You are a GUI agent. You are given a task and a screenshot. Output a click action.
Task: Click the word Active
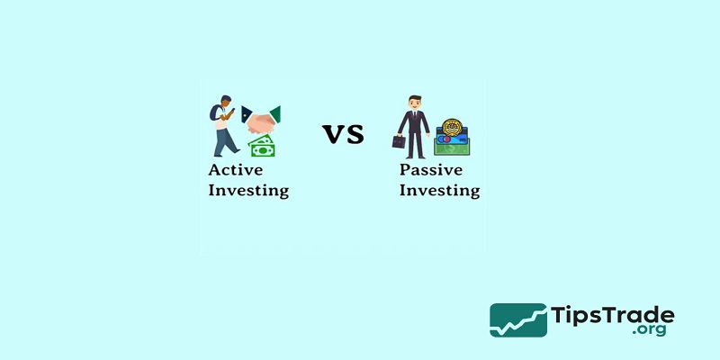[x=238, y=170]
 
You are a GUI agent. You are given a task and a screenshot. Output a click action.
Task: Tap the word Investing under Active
[x=248, y=191]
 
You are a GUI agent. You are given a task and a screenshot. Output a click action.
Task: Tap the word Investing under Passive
[x=439, y=191]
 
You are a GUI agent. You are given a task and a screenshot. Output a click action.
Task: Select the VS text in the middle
[x=343, y=135]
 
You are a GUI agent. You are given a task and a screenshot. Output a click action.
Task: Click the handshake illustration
[x=261, y=120]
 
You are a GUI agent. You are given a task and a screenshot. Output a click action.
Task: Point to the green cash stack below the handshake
[x=263, y=147]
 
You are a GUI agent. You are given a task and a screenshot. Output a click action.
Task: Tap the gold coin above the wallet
[x=447, y=125]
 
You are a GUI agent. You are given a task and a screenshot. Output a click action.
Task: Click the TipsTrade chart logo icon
[x=517, y=320]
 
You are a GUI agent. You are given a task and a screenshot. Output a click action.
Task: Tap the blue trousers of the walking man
[x=222, y=139]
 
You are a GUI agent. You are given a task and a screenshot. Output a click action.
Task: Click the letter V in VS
[x=333, y=135]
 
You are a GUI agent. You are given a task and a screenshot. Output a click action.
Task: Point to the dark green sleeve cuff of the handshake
[x=274, y=113]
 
